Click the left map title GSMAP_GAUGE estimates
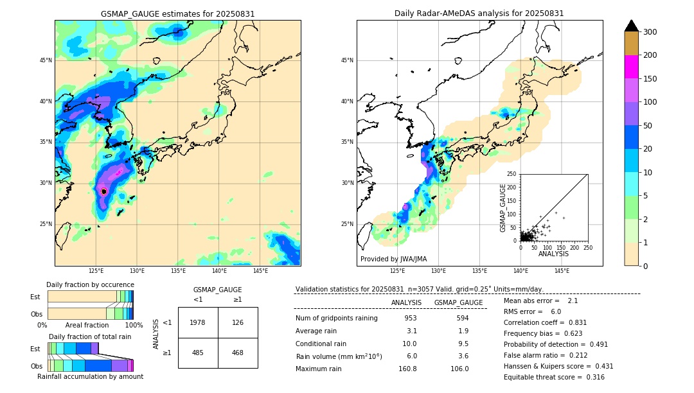click(x=177, y=13)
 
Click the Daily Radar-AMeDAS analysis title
click(x=479, y=13)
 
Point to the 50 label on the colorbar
click(x=650, y=126)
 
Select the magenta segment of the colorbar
click(x=632, y=67)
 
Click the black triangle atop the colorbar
click(x=632, y=26)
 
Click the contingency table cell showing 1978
click(x=198, y=322)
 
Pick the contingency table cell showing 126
click(x=238, y=322)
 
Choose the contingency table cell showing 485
click(x=198, y=353)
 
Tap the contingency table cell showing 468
click(x=238, y=353)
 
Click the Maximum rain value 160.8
click(x=407, y=369)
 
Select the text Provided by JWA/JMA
click(x=393, y=259)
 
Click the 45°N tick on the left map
click(x=46, y=61)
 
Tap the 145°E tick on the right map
click(x=562, y=271)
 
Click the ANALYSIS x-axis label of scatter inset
click(x=554, y=254)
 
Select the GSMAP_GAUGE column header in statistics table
click(x=458, y=302)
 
